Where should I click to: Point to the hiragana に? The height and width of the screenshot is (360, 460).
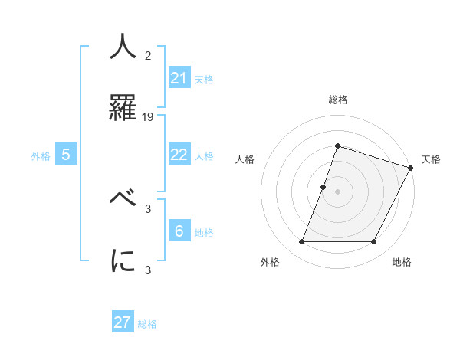coord(123,260)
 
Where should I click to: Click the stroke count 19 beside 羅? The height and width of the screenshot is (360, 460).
coord(149,116)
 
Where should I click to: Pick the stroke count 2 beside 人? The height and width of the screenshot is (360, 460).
coord(148,56)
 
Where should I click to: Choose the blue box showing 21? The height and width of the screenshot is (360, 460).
coord(179,78)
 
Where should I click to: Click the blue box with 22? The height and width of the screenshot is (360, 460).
coord(179,155)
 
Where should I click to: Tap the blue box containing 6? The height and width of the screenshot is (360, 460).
coord(179,231)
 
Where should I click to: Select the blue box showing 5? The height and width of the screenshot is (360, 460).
coord(66,155)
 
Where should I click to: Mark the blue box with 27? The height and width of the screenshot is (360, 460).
coord(123,322)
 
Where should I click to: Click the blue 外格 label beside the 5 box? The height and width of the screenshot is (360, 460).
coord(41,155)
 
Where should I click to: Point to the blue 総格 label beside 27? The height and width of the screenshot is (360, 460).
coord(147,323)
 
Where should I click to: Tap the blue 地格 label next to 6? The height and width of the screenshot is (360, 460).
coord(204,232)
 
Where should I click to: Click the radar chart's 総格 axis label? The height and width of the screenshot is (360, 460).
coord(337,100)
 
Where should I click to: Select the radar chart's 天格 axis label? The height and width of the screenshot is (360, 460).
coord(431,159)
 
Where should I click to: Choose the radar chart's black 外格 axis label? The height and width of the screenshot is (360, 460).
coord(270,262)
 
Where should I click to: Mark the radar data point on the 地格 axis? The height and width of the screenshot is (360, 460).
coord(373,242)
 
